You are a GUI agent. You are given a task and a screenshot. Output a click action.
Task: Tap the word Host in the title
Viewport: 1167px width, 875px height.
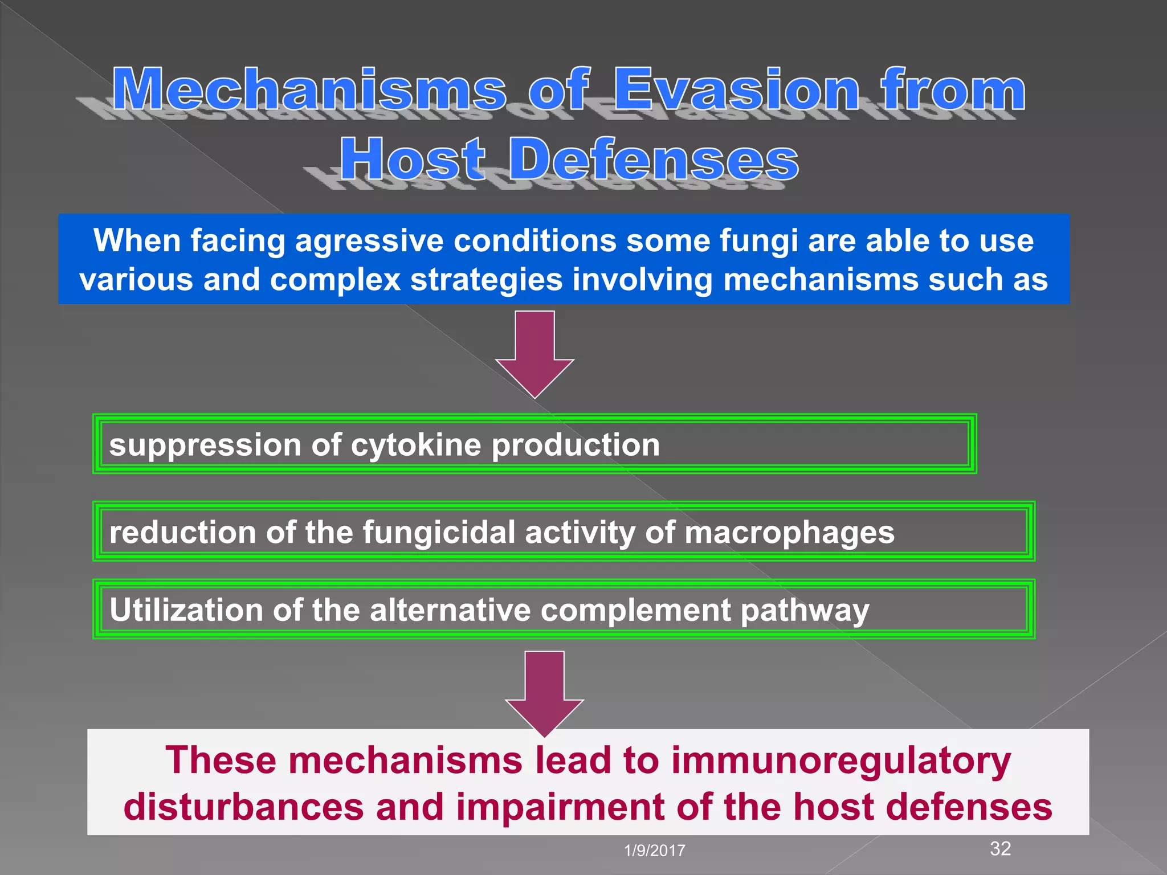tap(413, 160)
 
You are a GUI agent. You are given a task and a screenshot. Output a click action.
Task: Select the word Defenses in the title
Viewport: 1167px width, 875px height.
tap(654, 160)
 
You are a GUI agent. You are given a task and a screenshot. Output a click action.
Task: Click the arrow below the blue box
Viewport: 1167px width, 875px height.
tap(534, 353)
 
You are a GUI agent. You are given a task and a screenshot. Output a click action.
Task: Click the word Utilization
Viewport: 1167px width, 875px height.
tap(186, 610)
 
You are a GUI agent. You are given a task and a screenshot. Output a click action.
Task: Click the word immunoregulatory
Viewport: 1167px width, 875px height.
tap(840, 762)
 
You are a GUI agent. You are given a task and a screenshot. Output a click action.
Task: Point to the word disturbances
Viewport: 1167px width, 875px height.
tap(244, 807)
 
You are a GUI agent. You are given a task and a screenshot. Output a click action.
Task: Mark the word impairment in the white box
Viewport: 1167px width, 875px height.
tap(565, 807)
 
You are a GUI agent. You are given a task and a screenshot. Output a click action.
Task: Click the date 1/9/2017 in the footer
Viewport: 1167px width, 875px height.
tap(655, 851)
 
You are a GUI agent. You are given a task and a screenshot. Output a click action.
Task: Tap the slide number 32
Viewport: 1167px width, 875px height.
tap(1001, 849)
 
